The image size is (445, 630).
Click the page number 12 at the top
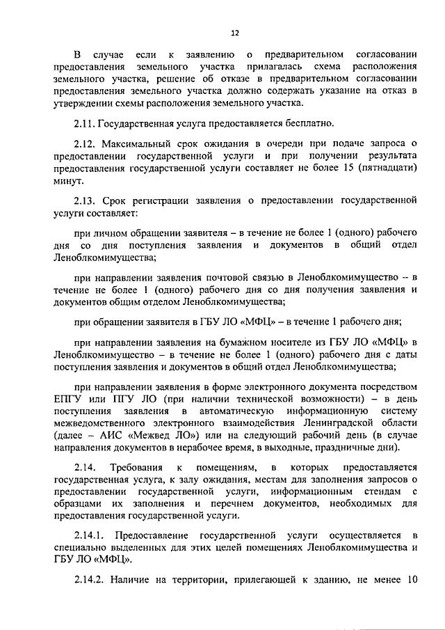tap(235, 33)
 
